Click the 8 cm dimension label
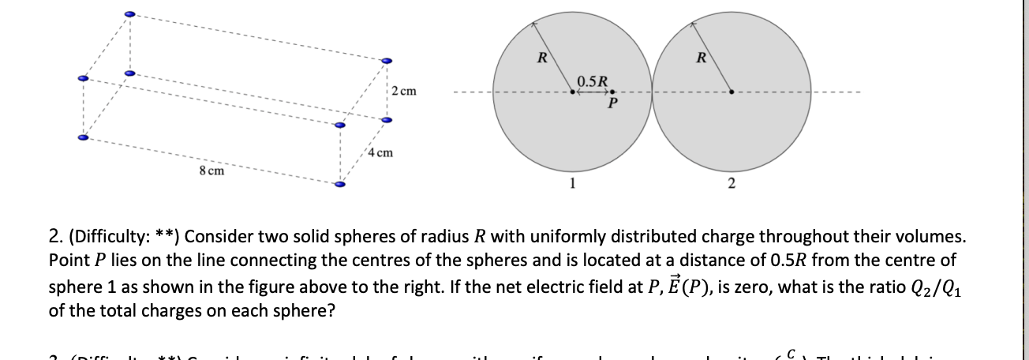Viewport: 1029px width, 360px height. pyautogui.click(x=211, y=170)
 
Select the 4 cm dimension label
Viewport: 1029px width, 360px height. pyautogui.click(x=380, y=152)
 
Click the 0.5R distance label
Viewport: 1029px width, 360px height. pyautogui.click(x=592, y=81)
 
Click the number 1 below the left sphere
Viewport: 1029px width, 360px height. pyautogui.click(x=572, y=185)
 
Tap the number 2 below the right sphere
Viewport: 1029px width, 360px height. pyautogui.click(x=732, y=185)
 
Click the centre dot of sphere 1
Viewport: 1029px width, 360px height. pyautogui.click(x=574, y=92)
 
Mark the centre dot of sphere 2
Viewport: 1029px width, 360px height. pyautogui.click(x=732, y=92)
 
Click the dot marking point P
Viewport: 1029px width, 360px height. pyautogui.click(x=612, y=92)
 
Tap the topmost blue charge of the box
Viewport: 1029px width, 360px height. pyautogui.click(x=131, y=14)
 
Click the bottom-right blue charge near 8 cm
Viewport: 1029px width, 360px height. pyautogui.click(x=340, y=185)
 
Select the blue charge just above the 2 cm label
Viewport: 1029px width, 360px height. pyautogui.click(x=386, y=60)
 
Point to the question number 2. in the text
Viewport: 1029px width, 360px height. pyautogui.click(x=55, y=237)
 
